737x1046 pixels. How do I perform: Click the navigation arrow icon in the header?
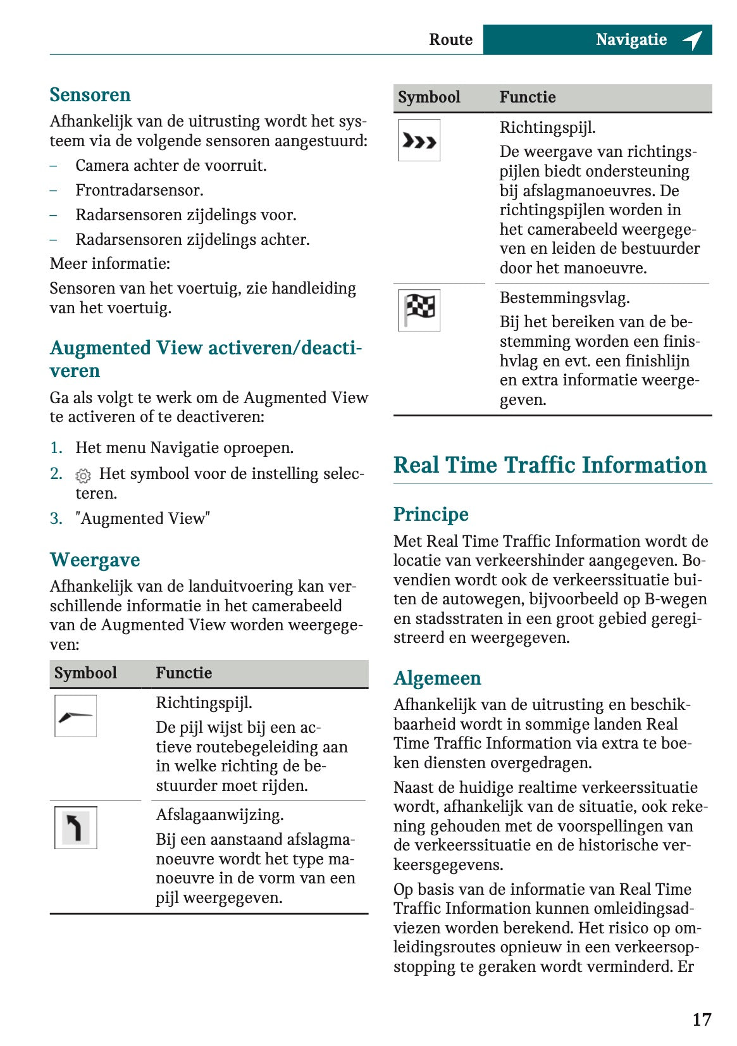click(693, 40)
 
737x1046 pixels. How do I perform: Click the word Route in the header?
click(450, 39)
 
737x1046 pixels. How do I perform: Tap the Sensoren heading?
click(90, 95)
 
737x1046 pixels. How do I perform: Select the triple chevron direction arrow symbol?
click(419, 140)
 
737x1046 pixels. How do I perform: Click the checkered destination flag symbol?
click(419, 310)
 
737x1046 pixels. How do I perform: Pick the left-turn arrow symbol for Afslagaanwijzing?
click(75, 828)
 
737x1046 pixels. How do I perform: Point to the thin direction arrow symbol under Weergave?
click(75, 716)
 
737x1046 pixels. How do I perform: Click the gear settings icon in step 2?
click(83, 475)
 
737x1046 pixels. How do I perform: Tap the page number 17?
click(702, 1019)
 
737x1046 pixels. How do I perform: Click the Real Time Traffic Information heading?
click(550, 465)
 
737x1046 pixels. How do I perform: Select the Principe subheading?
click(431, 514)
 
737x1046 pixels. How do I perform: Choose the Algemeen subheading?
click(437, 678)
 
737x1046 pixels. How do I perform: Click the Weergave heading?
click(95, 560)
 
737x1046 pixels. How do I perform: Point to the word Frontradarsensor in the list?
click(139, 190)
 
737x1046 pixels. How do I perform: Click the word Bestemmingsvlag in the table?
click(564, 297)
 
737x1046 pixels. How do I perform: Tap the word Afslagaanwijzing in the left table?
click(220, 814)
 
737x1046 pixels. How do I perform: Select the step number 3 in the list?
click(56, 519)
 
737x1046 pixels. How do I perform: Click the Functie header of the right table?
click(528, 97)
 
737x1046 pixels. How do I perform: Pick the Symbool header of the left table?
click(85, 673)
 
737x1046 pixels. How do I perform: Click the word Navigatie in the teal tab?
click(631, 39)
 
